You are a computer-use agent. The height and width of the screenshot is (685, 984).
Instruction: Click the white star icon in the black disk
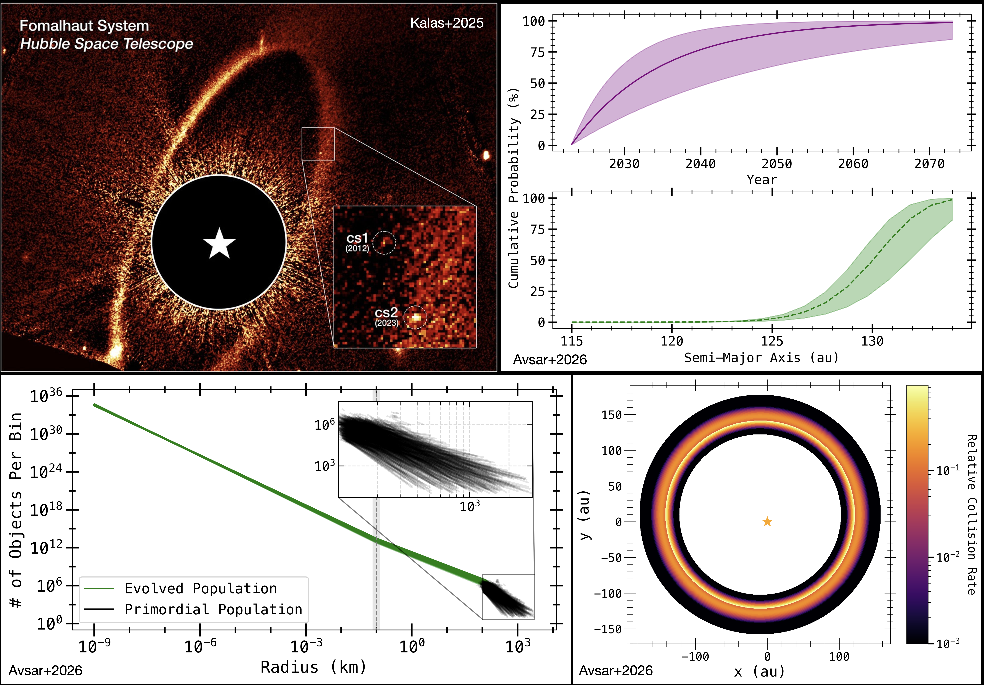(x=219, y=243)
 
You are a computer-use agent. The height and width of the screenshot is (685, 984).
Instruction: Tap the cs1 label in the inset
(x=357, y=238)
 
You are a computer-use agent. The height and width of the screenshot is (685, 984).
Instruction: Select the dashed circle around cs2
(x=415, y=317)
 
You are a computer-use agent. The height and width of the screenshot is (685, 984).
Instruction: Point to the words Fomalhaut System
(x=84, y=26)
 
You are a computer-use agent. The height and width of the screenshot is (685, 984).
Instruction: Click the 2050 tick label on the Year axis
(x=777, y=164)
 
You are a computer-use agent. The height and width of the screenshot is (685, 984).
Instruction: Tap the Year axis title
(x=762, y=180)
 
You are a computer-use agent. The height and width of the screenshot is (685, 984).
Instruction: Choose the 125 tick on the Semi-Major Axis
(x=772, y=341)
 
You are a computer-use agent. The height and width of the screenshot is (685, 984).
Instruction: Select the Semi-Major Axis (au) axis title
(x=761, y=357)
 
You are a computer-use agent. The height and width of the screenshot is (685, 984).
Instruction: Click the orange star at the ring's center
(x=767, y=521)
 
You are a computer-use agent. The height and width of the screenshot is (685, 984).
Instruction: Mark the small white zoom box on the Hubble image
(x=318, y=144)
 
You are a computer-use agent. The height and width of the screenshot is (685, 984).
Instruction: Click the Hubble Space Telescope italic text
(x=107, y=44)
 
